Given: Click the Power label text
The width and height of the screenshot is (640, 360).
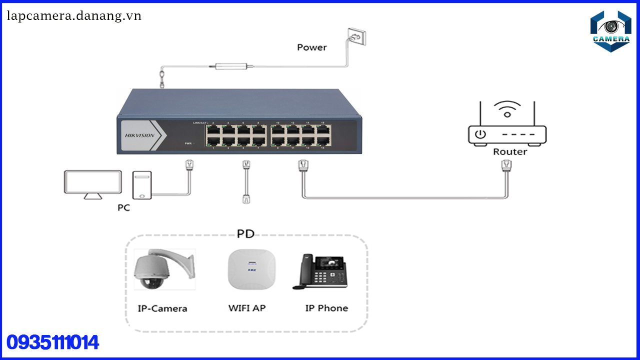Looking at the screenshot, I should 311,47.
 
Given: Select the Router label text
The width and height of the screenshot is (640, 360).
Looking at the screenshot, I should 510,151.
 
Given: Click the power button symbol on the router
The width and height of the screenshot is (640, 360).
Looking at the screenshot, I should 480,134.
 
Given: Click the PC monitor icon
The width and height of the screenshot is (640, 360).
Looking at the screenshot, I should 93,184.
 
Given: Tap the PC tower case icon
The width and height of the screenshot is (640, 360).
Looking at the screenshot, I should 141,185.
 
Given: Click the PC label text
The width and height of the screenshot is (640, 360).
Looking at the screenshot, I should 123,207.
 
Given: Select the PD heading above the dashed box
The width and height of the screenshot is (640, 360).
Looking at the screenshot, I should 245,234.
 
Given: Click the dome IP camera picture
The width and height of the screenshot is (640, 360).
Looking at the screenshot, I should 164,269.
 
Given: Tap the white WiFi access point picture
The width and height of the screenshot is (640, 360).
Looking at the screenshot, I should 251,269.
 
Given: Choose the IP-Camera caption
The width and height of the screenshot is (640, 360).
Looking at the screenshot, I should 162,308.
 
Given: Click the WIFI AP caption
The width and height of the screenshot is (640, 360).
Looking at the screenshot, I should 247,308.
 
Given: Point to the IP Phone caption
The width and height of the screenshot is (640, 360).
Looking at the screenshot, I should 326,308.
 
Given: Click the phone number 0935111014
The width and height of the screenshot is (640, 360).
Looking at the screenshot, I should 52,342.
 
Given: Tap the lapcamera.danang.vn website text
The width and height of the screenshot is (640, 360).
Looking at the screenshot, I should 74,16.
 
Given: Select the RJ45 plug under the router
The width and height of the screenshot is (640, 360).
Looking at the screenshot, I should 506,166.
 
